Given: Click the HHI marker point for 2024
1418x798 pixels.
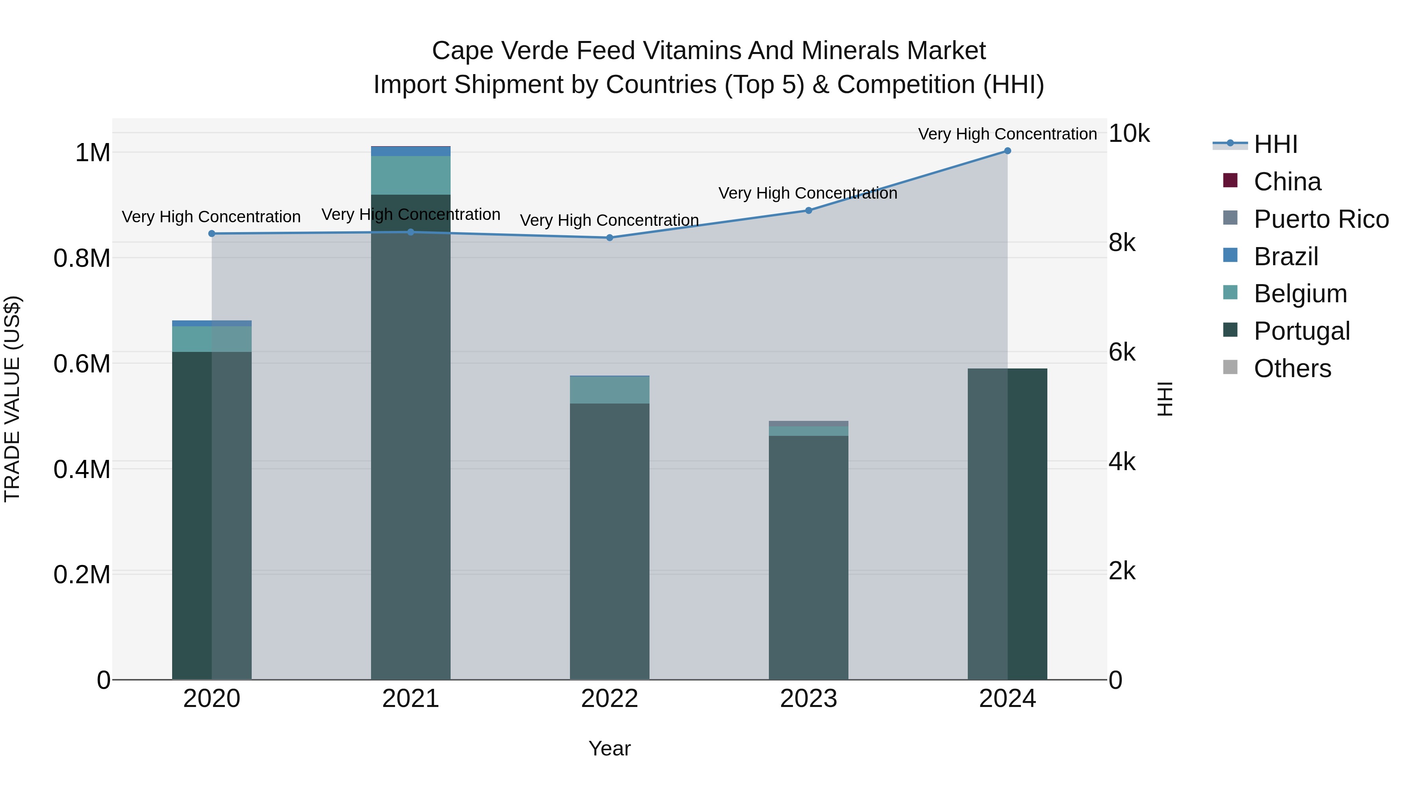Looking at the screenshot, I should [1007, 151].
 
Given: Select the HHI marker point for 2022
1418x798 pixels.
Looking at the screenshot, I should [609, 238].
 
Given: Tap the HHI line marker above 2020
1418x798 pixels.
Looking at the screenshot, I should [212, 234].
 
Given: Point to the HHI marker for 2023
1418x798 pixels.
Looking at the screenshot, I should [809, 210].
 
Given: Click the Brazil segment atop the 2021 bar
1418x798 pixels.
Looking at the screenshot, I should [411, 151].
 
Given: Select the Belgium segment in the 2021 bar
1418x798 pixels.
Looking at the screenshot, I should [411, 175].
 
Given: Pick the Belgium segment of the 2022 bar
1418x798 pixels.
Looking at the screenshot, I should [609, 390].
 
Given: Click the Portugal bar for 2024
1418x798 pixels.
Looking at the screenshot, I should [1007, 523].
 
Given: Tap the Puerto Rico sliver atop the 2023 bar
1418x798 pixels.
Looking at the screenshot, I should [809, 424].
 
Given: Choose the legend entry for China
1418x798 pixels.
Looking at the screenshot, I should [1287, 182].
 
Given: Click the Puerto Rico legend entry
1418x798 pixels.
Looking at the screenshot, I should [1321, 219].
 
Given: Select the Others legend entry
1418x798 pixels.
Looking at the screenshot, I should [1292, 368].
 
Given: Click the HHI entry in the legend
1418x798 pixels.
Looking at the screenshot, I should [1275, 144].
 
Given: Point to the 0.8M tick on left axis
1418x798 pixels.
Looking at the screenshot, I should [82, 258].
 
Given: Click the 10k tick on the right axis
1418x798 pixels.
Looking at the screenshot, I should [1128, 134].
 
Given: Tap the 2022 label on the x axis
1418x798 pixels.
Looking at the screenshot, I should [609, 699].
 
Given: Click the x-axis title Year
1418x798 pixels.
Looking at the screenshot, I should [609, 748].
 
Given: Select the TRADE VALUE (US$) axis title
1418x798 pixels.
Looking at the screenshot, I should [12, 399].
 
